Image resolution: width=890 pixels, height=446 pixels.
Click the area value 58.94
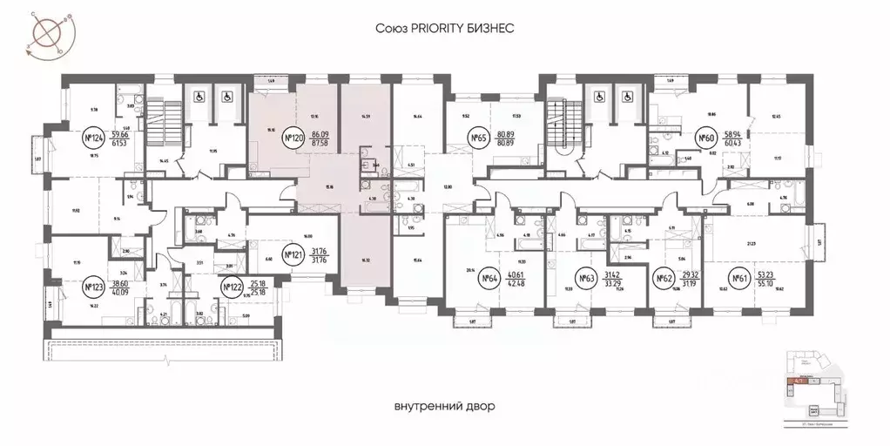(733, 133)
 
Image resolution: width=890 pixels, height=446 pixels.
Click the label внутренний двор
(444, 406)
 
